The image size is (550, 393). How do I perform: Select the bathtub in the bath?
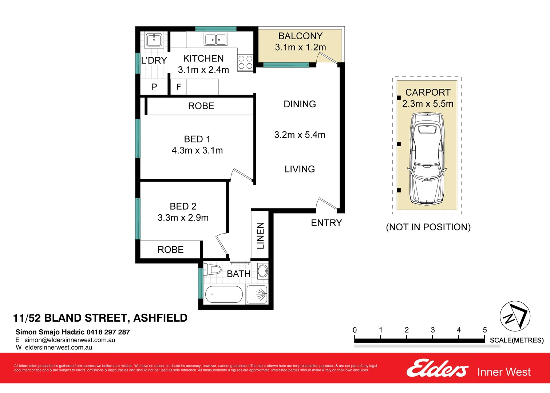(x=223, y=294)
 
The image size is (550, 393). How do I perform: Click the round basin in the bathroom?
(x=263, y=271)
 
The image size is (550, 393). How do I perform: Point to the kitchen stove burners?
(x=245, y=62)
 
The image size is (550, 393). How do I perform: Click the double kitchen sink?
(x=216, y=39)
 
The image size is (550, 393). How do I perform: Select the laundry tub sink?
(x=154, y=40)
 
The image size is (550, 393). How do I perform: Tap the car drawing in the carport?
(x=427, y=158)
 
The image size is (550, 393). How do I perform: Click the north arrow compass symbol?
(x=515, y=316)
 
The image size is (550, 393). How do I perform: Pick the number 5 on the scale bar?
(x=484, y=330)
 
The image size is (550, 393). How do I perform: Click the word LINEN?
(x=260, y=235)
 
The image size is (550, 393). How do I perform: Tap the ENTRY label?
(x=326, y=223)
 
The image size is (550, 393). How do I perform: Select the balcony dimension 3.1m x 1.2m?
(x=300, y=47)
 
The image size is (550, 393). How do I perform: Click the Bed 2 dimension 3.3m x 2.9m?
(x=183, y=218)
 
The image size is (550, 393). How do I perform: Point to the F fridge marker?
(x=178, y=87)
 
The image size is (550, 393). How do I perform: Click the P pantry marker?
(x=154, y=87)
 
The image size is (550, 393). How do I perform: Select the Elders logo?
(x=437, y=368)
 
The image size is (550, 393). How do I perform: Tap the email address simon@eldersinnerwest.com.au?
(x=70, y=340)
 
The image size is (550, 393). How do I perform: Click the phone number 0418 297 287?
(x=108, y=332)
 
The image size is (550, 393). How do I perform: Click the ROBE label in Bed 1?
(x=201, y=106)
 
